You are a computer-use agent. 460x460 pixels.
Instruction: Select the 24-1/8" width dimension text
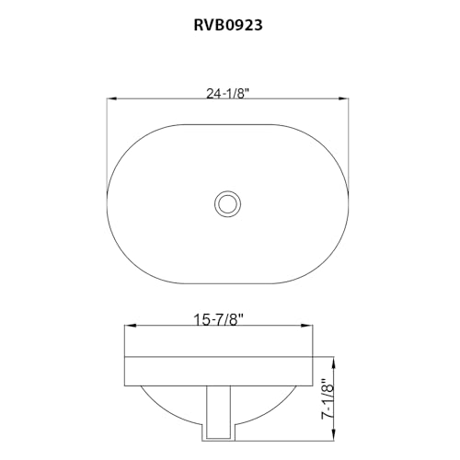[x=228, y=90]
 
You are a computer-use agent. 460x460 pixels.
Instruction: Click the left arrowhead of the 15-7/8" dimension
[x=129, y=326]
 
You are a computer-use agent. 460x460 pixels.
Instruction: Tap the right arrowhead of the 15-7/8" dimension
[x=315, y=326]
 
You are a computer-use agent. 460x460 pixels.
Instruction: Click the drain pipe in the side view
[x=218, y=411]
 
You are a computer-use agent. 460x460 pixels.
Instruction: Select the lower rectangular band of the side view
[x=222, y=370]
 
